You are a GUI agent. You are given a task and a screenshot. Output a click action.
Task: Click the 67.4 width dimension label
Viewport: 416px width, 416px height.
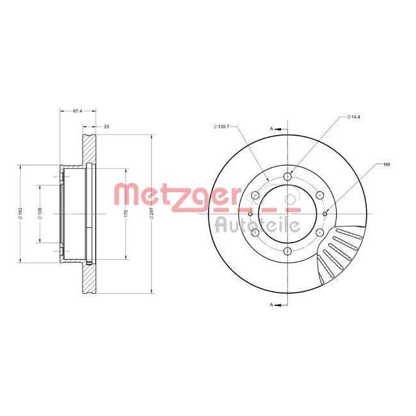coord(77,111)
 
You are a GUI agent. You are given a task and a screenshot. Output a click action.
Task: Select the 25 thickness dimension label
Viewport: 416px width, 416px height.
coord(106,127)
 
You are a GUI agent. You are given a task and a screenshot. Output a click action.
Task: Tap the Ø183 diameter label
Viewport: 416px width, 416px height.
coord(20,214)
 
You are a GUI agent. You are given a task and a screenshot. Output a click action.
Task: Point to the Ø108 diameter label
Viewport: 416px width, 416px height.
coord(40,214)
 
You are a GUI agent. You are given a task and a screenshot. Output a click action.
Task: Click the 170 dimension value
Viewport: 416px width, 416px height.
coord(126,213)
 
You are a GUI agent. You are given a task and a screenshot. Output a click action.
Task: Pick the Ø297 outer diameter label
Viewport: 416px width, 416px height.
coord(152,214)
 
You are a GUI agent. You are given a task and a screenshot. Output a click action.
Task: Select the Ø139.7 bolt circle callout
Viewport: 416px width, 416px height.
coord(221,127)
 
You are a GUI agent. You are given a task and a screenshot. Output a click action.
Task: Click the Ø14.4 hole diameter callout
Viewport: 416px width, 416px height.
coord(354,116)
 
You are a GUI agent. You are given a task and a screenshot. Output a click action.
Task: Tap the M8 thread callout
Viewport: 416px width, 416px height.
coord(387,164)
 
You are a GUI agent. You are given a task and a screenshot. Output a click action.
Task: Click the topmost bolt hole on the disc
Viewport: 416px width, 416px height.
coord(287,176)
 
